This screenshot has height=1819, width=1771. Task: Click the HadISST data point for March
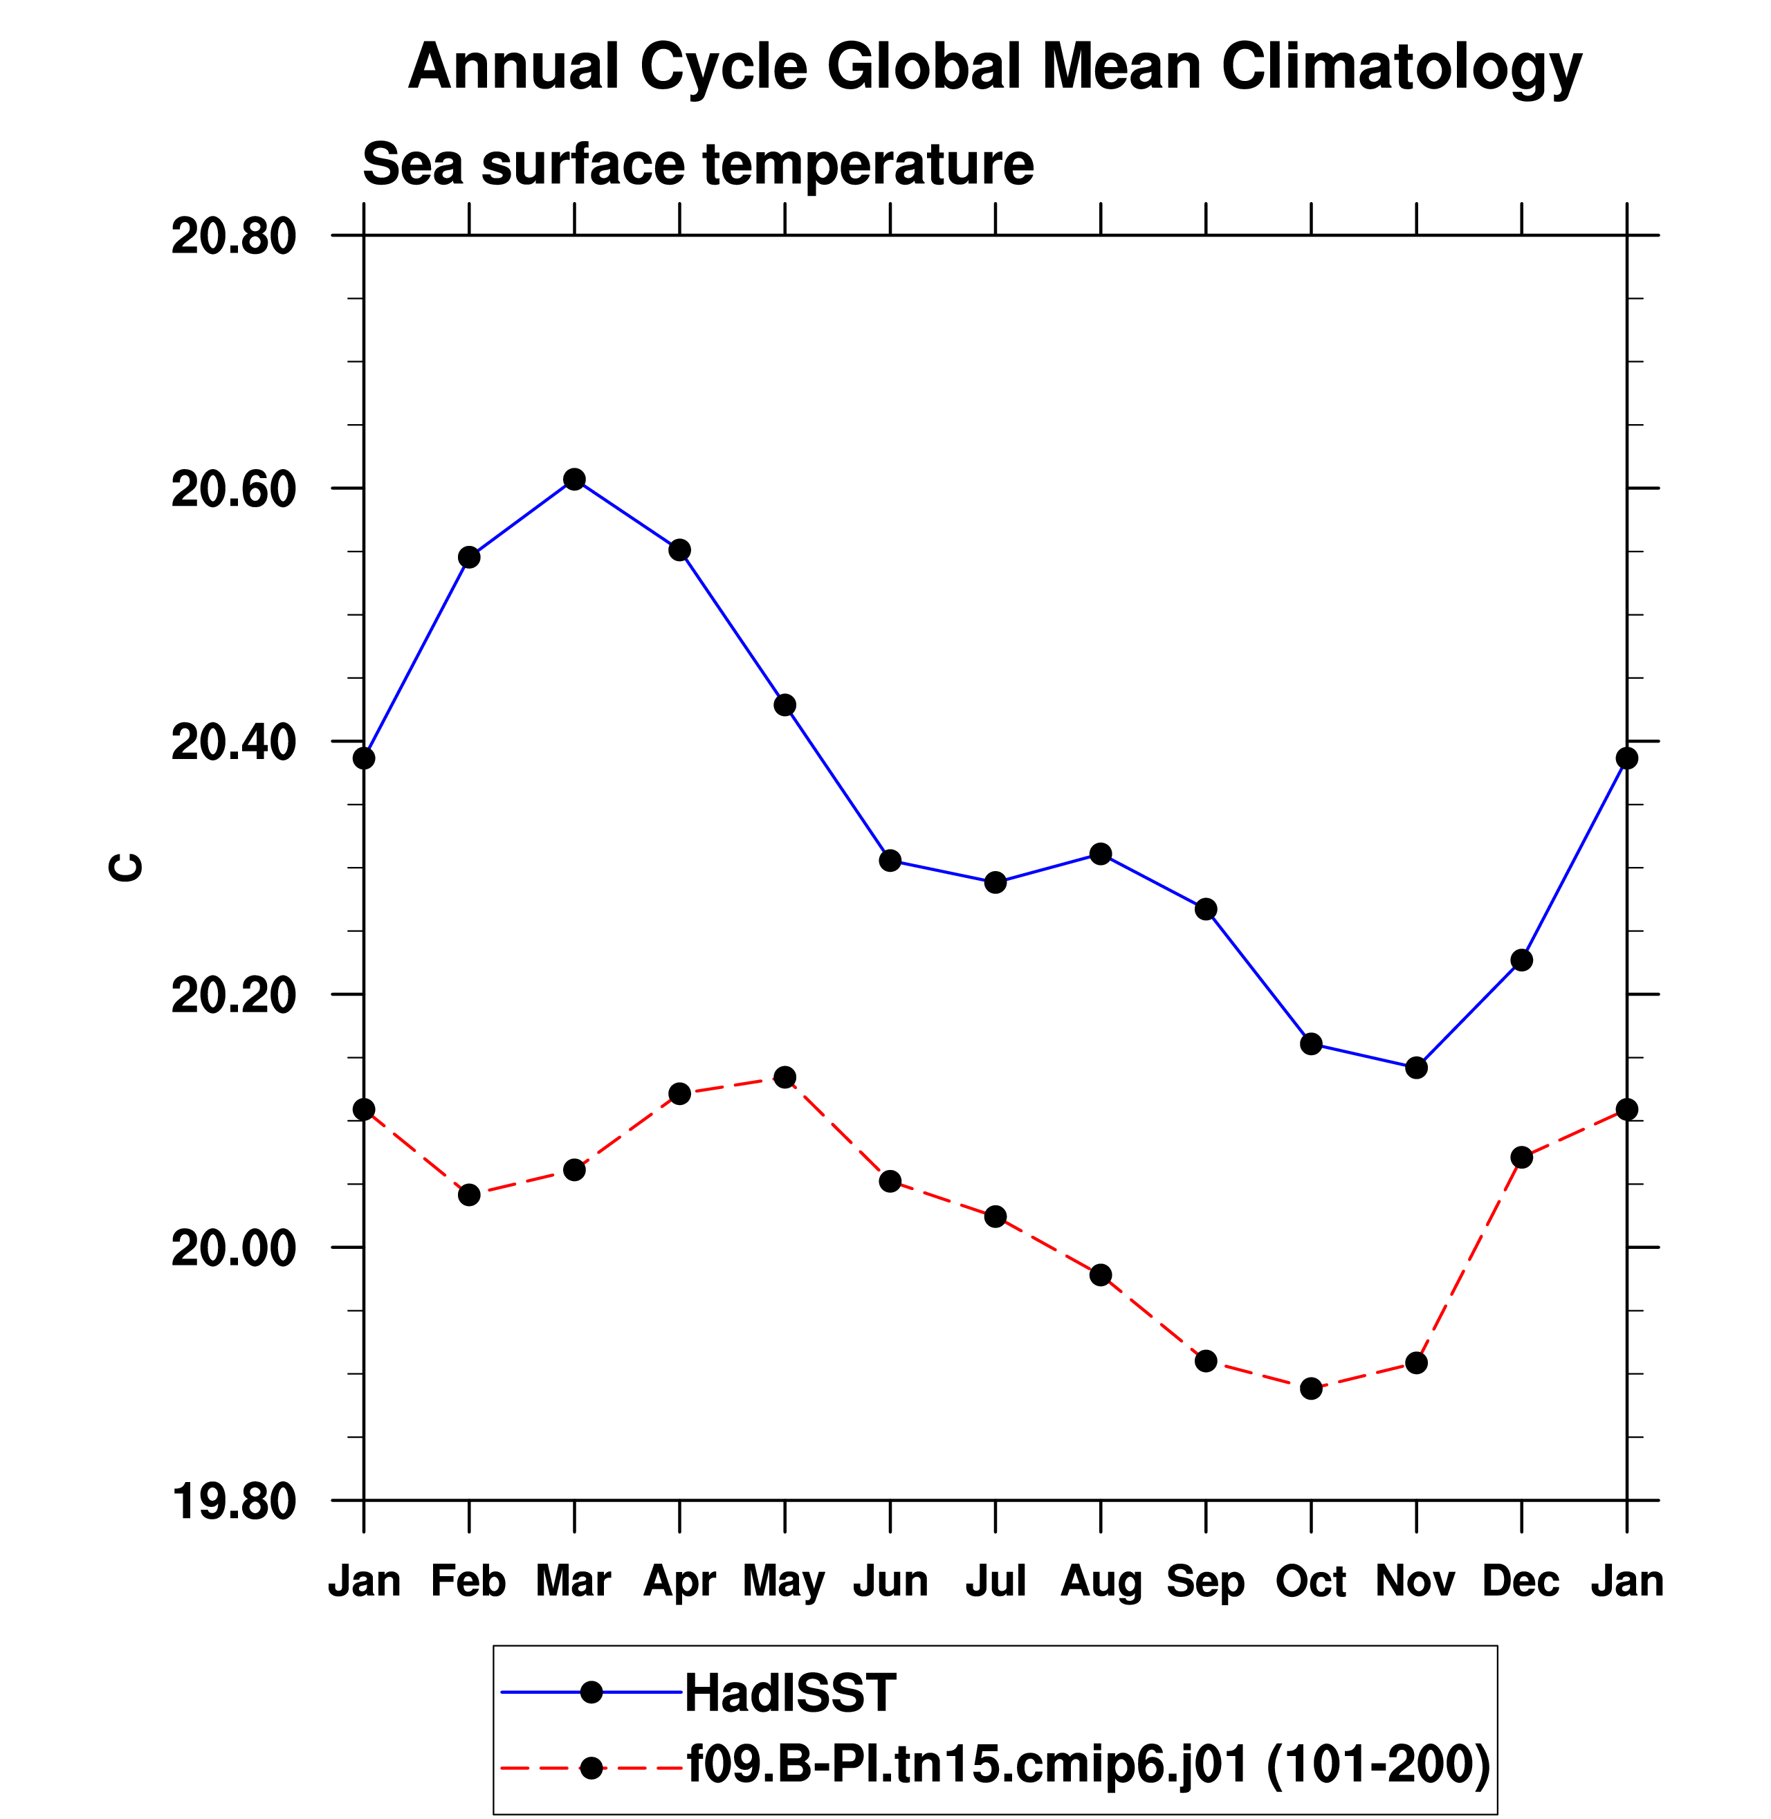pyautogui.click(x=575, y=479)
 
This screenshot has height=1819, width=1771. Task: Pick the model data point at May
pyautogui.click(x=785, y=1077)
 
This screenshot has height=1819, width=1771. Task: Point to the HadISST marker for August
pyautogui.click(x=1101, y=853)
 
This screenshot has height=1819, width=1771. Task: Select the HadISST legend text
pyautogui.click(x=791, y=1692)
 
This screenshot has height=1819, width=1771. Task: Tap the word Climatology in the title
pyautogui.click(x=1401, y=67)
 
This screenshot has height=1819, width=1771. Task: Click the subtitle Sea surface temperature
pyautogui.click(x=697, y=164)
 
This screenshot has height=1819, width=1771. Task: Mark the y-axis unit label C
pyautogui.click(x=126, y=867)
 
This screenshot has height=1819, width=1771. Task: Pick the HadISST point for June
pyautogui.click(x=890, y=860)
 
